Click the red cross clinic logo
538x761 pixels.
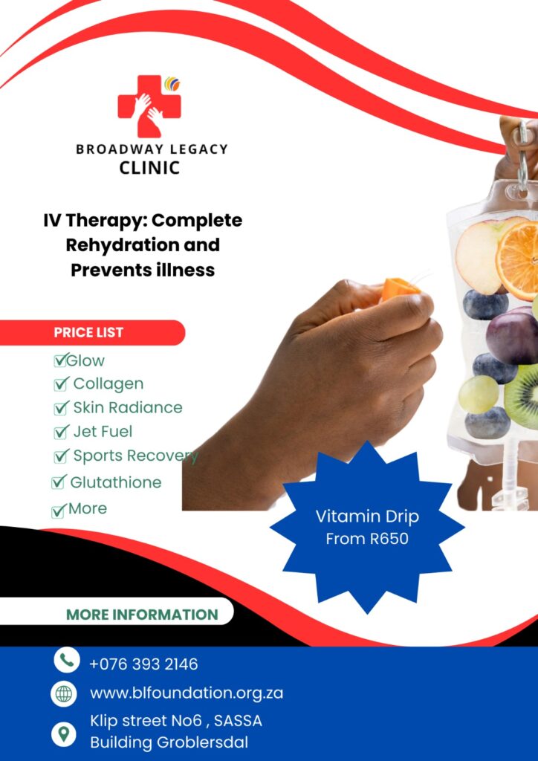click(x=149, y=106)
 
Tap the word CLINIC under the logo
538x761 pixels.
click(x=149, y=168)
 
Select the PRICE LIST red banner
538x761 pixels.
click(x=92, y=332)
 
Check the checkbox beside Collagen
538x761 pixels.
click(x=60, y=385)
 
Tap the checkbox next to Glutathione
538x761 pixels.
click(x=58, y=482)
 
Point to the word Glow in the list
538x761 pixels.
click(x=85, y=360)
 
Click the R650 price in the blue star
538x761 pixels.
click(x=388, y=539)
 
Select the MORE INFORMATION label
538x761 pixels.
click(x=142, y=615)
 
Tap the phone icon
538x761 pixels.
click(x=66, y=660)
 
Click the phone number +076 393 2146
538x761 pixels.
click(x=143, y=664)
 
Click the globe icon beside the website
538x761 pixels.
click(x=64, y=694)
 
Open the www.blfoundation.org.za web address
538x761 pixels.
click(x=187, y=693)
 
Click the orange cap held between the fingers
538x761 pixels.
click(x=399, y=288)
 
